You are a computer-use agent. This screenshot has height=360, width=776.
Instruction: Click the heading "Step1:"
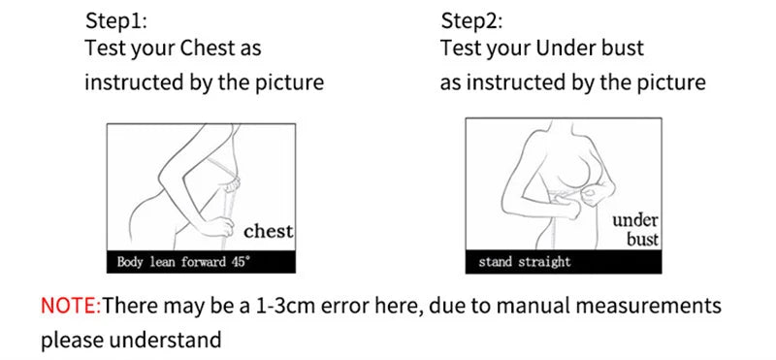(x=117, y=20)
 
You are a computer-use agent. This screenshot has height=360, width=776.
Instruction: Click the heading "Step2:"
(x=473, y=20)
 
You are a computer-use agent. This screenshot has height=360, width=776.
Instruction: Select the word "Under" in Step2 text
(x=568, y=48)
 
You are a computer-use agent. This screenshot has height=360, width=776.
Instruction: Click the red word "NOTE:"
(x=71, y=307)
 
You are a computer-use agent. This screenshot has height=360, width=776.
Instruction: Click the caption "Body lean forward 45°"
(x=183, y=262)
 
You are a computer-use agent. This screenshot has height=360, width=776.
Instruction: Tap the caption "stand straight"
(x=525, y=262)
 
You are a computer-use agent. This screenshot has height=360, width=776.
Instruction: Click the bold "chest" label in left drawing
(x=268, y=231)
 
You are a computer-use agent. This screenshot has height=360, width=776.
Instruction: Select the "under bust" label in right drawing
(x=635, y=230)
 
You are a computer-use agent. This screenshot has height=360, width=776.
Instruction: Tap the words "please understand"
(x=131, y=341)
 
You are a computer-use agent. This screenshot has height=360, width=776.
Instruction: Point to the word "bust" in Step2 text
(x=623, y=48)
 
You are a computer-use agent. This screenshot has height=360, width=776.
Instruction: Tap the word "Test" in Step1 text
(x=105, y=48)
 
